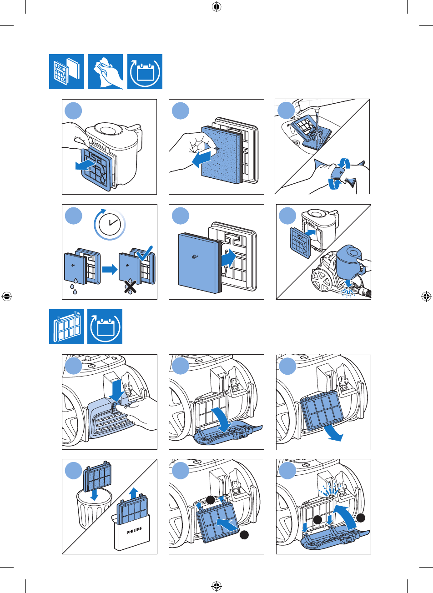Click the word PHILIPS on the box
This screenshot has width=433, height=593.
[x=134, y=530]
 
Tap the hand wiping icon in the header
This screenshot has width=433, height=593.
[x=105, y=71]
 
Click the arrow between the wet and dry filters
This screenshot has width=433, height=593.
[x=109, y=270]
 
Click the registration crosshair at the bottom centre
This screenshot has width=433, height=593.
[x=216, y=586]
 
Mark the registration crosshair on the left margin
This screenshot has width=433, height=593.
[x=7, y=296]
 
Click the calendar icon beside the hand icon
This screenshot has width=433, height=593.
[x=145, y=72]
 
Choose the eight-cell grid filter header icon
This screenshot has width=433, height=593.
[x=66, y=327]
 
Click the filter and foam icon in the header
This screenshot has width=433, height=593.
[x=66, y=71]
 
